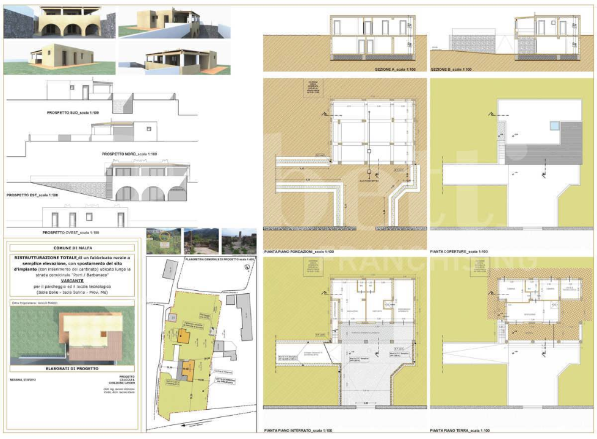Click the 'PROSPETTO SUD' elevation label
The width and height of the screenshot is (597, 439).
76,113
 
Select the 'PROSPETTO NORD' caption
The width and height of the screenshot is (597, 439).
129,154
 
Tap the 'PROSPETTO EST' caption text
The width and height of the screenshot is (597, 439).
32,195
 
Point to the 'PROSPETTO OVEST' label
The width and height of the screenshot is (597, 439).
71,233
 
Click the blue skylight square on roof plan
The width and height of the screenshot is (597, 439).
554,126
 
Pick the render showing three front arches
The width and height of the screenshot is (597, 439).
59,23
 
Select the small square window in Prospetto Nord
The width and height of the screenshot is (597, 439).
147,128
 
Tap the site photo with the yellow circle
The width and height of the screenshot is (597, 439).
164,241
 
